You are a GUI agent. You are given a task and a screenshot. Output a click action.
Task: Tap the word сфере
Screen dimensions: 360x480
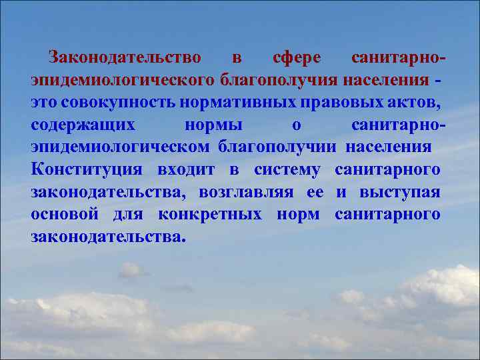coord(297,58)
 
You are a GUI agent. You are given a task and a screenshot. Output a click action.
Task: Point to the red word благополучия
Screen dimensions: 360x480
coord(279,81)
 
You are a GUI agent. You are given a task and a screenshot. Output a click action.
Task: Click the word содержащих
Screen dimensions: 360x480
coord(83,125)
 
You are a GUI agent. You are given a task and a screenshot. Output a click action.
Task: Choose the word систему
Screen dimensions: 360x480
coord(287,169)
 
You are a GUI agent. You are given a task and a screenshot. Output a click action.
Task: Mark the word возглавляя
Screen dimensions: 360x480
coord(246,192)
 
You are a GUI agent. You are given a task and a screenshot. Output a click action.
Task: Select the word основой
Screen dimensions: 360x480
coord(65,214)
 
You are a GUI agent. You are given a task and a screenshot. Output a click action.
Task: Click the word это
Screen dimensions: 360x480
coord(44,103)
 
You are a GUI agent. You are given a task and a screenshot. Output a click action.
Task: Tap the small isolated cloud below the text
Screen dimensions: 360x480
coord(131,270)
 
